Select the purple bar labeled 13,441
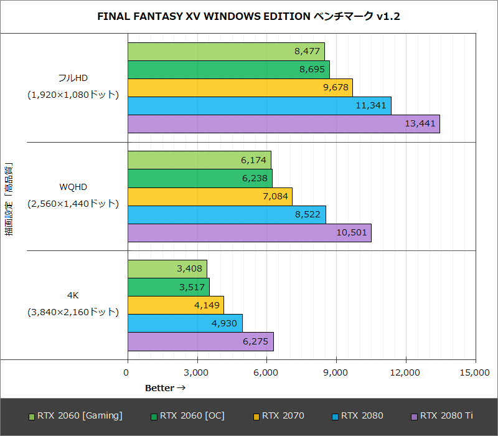coord(283,124)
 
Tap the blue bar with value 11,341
coord(259,106)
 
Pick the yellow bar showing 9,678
coord(240,88)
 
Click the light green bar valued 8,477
coord(226,52)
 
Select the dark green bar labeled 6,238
coord(200,178)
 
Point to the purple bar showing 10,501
coord(249,233)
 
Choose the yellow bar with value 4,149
coord(176,305)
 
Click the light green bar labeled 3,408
coord(167,269)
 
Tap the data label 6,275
coord(255,341)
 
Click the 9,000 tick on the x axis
coord(336,372)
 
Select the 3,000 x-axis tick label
coord(197,372)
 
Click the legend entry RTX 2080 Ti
coord(441,415)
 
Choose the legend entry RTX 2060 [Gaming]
coord(75,415)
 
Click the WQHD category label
coord(73,187)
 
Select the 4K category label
coord(73,295)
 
